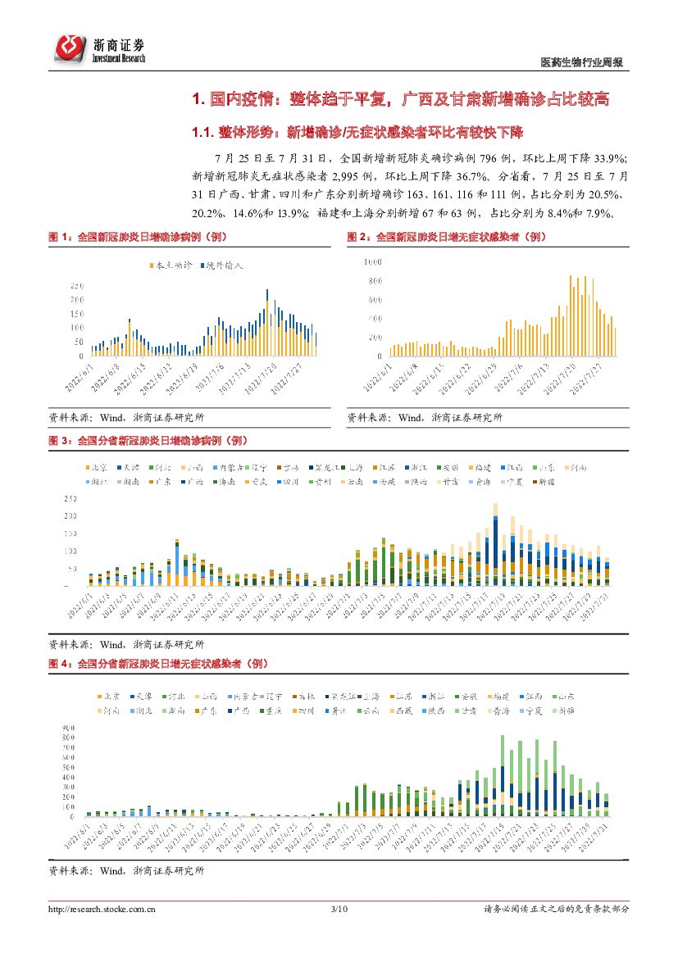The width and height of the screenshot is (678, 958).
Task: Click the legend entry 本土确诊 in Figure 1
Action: pyautogui.click(x=171, y=266)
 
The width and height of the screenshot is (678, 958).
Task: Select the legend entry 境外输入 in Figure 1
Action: pyautogui.click(x=221, y=266)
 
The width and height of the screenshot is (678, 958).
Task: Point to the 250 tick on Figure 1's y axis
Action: pyautogui.click(x=77, y=285)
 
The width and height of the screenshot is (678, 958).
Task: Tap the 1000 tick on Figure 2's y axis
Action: pyautogui.click(x=373, y=262)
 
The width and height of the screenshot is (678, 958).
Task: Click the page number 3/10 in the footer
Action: pyautogui.click(x=339, y=909)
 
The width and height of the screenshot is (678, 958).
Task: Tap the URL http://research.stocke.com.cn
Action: pyautogui.click(x=102, y=909)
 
